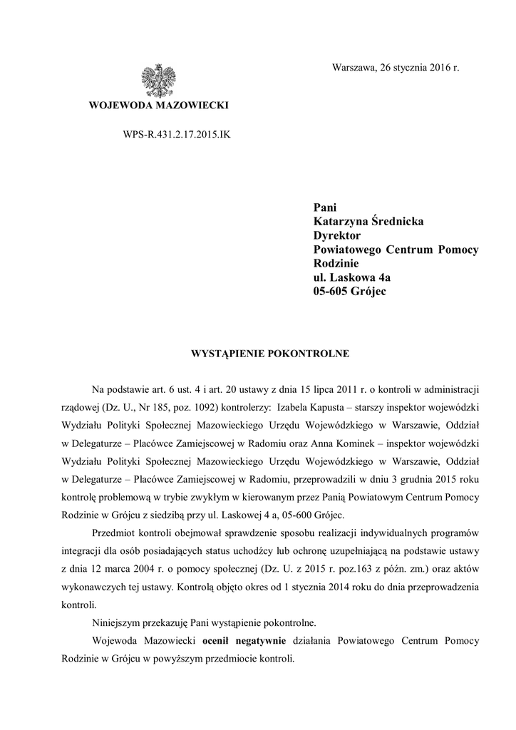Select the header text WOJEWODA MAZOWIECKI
tap(158, 106)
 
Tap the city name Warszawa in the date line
tap(354, 68)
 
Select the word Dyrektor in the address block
tap(338, 235)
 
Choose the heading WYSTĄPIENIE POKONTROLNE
tap(258, 352)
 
